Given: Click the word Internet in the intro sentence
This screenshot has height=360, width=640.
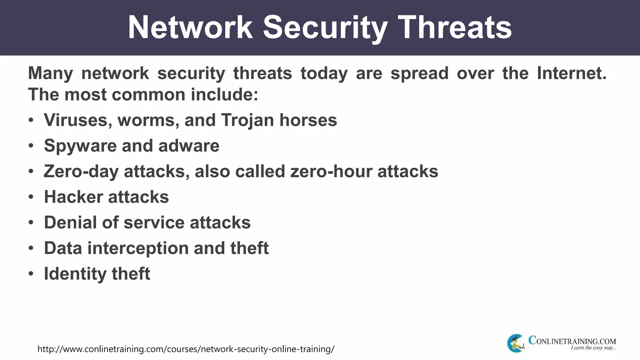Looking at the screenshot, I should tap(571, 73).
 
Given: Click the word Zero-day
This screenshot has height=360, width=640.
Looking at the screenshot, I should tap(81, 172).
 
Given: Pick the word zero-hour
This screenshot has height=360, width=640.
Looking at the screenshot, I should tap(331, 172).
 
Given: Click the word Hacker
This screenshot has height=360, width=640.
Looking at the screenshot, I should tap(73, 197).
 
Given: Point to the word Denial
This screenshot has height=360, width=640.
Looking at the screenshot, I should tap(70, 222).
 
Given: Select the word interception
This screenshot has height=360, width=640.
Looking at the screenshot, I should tap(138, 248).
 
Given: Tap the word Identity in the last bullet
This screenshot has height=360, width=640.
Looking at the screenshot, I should tap(75, 274).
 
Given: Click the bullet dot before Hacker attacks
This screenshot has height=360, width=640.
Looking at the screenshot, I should tap(31, 197).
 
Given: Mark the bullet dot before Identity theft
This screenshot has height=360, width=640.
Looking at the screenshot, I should tap(31, 274).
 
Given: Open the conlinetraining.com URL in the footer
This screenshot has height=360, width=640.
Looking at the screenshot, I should tap(186, 349).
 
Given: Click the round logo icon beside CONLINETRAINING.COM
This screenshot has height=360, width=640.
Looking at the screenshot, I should tap(515, 343).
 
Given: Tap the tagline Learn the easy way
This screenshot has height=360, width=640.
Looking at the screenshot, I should tap(593, 348).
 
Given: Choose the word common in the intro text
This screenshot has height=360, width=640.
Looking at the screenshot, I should tap(148, 95).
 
